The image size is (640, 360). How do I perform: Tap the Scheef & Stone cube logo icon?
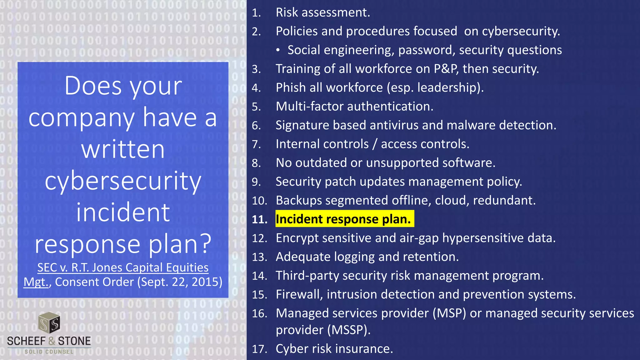(49, 322)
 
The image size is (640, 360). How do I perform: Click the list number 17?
(259, 349)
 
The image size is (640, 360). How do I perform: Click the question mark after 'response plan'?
(205, 244)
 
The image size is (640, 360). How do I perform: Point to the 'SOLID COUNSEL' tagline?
(49, 352)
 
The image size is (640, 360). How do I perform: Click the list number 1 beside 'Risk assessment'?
(256, 13)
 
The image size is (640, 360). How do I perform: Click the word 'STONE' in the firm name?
(74, 341)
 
